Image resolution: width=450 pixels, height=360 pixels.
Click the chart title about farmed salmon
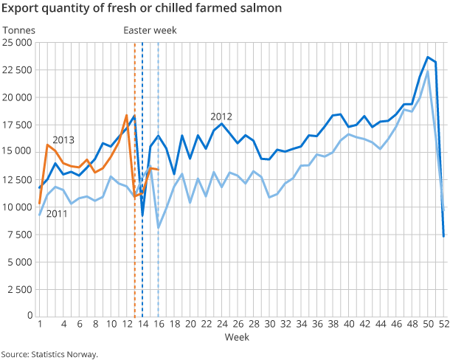click(x=144, y=10)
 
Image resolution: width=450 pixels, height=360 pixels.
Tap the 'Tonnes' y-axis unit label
click(x=19, y=30)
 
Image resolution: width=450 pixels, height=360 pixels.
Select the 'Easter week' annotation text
click(x=150, y=30)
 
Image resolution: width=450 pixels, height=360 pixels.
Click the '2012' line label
click(x=221, y=116)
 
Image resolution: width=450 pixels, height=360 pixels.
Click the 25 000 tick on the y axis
click(x=18, y=43)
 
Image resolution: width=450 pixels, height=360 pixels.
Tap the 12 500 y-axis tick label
click(x=18, y=179)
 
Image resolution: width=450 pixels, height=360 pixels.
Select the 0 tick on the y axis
click(x=28, y=316)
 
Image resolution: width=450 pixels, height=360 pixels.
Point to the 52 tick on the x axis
click(x=443, y=324)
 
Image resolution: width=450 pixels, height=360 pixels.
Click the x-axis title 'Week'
click(x=238, y=337)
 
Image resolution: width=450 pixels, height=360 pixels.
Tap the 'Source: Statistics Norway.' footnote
click(x=49, y=354)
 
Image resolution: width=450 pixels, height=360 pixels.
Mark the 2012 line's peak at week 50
click(x=428, y=57)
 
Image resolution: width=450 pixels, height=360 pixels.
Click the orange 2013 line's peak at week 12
click(x=126, y=115)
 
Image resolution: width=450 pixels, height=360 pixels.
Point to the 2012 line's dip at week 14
click(x=142, y=215)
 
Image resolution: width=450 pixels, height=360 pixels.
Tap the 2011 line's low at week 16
click(x=158, y=227)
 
